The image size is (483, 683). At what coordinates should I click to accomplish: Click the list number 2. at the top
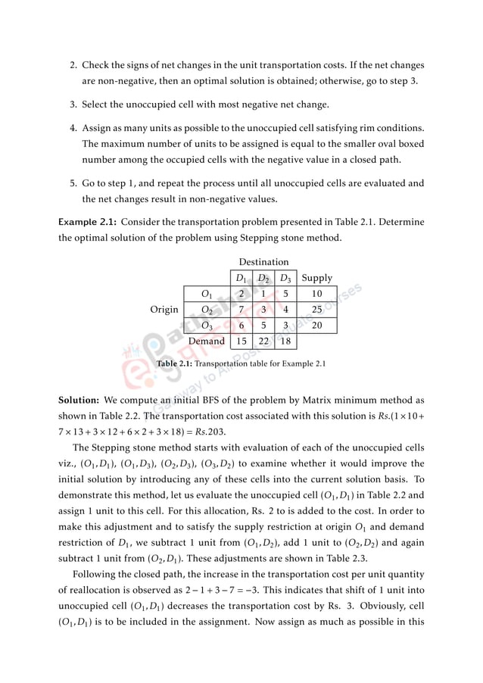[73, 66]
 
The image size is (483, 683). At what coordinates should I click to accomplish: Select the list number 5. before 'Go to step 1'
[73, 183]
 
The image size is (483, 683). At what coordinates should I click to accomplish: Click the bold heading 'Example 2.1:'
[87, 222]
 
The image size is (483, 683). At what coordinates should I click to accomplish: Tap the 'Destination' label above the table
[263, 262]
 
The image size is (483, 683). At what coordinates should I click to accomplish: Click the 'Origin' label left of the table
[164, 309]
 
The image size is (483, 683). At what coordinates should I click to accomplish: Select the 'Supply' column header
[316, 278]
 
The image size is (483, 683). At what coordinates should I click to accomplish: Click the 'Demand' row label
[206, 341]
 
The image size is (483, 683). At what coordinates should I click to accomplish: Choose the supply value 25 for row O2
[316, 310]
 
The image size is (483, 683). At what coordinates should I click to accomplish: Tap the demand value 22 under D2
[263, 341]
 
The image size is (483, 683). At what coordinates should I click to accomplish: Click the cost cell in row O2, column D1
[240, 310]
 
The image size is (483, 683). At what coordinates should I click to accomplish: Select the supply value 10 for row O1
[316, 294]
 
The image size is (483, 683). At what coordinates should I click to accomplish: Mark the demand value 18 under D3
[285, 341]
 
